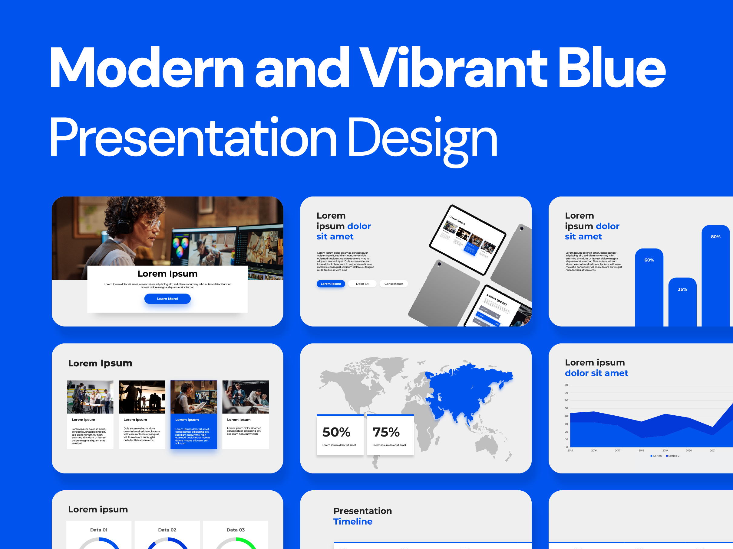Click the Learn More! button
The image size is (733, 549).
167,298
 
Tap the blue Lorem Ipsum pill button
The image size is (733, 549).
330,284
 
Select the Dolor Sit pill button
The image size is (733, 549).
362,284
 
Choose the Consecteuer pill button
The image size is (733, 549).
393,284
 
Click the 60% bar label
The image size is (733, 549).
649,260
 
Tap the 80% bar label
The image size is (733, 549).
715,237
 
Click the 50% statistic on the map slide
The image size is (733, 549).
336,432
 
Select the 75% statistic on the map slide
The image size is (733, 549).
386,432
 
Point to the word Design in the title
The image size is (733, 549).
422,137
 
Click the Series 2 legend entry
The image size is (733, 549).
673,456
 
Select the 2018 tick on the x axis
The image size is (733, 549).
641,450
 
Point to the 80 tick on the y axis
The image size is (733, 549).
566,385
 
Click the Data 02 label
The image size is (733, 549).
167,530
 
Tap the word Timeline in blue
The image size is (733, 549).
353,521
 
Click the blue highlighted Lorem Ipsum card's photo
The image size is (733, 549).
193,397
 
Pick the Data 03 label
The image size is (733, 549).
235,530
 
